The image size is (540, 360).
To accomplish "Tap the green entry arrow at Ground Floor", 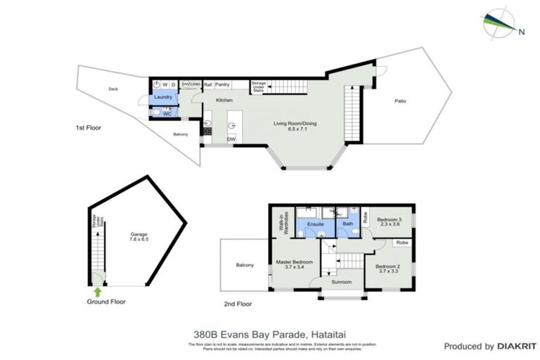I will pyautogui.click(x=97, y=290).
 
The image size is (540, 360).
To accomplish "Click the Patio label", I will pyautogui.click(x=400, y=101).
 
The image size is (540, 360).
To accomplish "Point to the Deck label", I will pyautogui.click(x=113, y=89).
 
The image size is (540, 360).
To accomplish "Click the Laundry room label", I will pyautogui.click(x=163, y=97).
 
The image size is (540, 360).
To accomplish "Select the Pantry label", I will pyautogui.click(x=223, y=84).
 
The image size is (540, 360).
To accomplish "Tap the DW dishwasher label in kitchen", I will pyautogui.click(x=231, y=139).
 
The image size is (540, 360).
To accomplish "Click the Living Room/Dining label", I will pyautogui.click(x=295, y=124).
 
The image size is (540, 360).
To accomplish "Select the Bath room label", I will pyautogui.click(x=347, y=225).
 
